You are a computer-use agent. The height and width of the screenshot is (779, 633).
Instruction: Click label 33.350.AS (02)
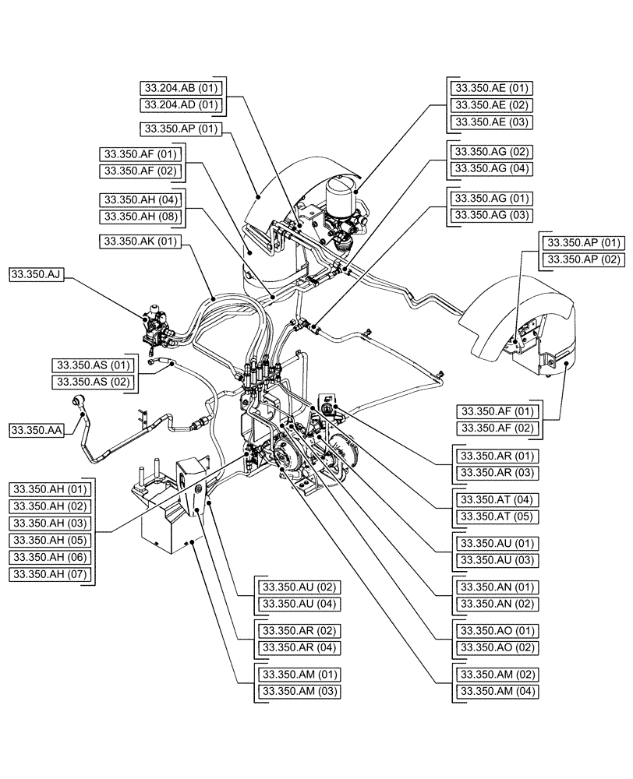pyautogui.click(x=93, y=382)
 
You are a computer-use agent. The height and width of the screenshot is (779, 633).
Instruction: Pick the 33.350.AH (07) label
pyautogui.click(x=50, y=575)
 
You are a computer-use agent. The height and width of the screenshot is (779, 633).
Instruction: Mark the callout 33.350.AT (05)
pyautogui.click(x=497, y=516)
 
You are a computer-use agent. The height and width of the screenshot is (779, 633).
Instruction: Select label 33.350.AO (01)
pyautogui.click(x=497, y=630)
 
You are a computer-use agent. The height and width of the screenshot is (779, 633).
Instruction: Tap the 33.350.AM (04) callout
pyautogui.click(x=497, y=691)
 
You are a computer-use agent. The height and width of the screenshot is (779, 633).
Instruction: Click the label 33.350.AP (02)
pyautogui.click(x=582, y=259)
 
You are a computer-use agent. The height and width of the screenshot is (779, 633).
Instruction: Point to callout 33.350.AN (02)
pyautogui.click(x=497, y=604)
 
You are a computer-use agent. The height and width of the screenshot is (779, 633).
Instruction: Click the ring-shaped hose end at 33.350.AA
pyautogui.click(x=80, y=401)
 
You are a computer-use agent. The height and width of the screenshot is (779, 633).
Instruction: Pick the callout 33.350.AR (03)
pyautogui.click(x=497, y=473)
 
